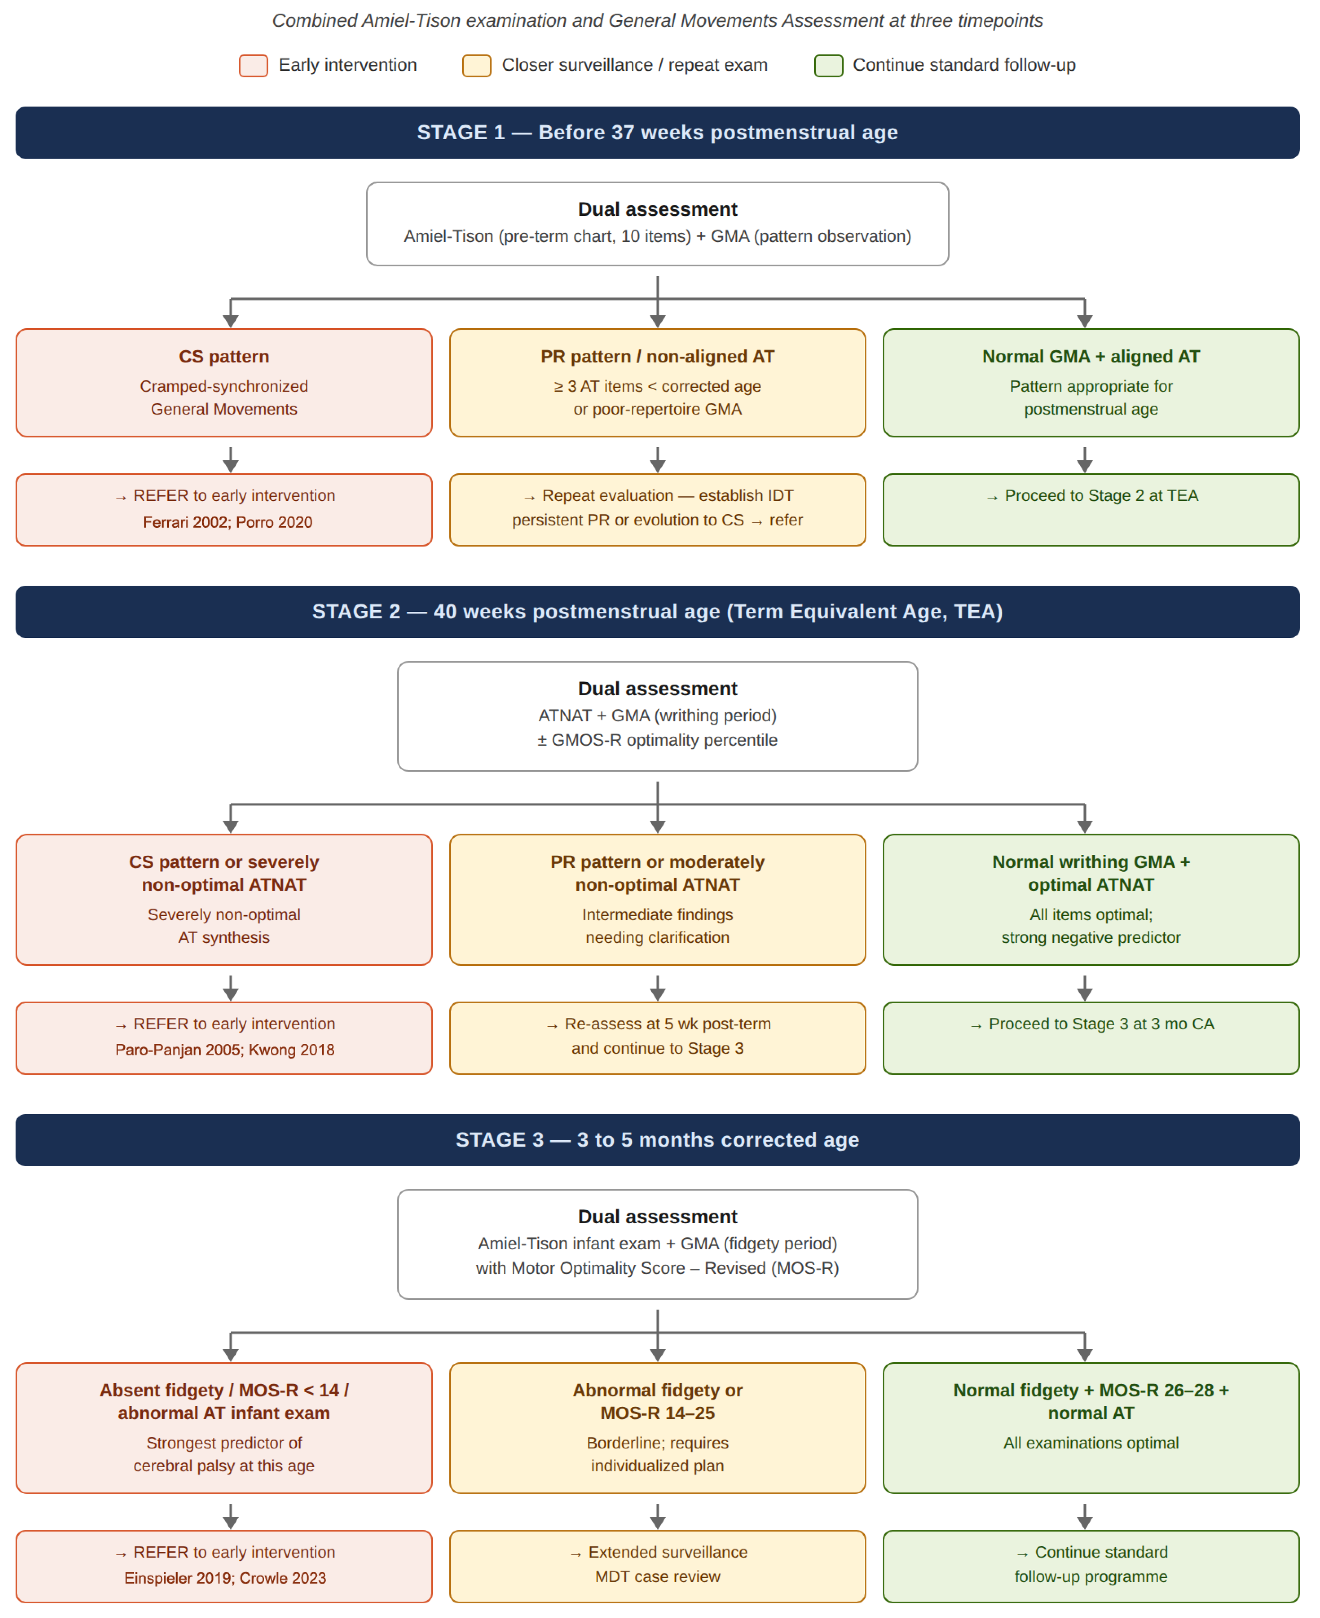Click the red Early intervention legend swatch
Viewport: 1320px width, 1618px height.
coord(253,65)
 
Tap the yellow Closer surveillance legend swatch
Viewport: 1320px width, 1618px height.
coord(477,65)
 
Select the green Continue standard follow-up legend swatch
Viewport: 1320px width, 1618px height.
coord(829,65)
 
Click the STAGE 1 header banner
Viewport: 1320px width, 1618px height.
coord(658,132)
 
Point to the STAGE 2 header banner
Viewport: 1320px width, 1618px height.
coord(658,611)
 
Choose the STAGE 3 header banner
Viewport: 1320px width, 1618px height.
coord(658,1140)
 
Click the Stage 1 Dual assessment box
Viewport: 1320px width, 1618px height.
coord(658,223)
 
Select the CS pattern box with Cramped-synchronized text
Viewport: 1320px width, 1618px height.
coord(224,383)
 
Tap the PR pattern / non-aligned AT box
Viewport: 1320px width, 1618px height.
coord(658,383)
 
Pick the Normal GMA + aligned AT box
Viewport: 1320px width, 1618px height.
coord(1091,383)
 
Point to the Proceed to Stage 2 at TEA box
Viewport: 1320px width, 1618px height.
coord(1091,510)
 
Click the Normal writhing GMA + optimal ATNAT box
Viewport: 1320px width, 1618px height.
coord(1091,899)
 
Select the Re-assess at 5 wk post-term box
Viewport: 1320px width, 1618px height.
coord(658,1038)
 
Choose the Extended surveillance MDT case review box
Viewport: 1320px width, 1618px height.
coord(658,1566)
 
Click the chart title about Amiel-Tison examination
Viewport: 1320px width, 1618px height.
coord(658,21)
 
